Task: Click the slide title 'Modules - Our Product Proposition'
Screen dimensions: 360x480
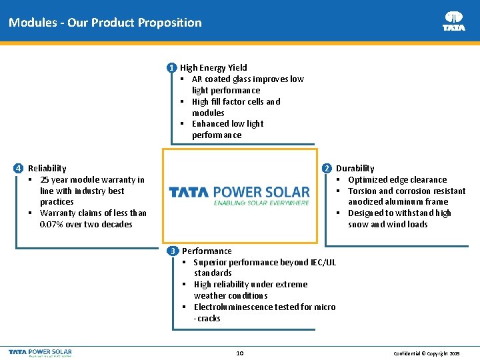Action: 105,23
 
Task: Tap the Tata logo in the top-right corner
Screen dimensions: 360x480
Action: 454,21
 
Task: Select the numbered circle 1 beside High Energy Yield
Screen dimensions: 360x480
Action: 172,67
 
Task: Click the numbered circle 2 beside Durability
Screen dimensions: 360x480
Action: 327,168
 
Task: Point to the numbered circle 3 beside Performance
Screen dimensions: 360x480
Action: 173,251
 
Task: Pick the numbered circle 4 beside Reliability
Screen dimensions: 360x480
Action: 19,168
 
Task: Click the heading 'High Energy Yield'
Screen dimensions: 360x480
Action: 213,67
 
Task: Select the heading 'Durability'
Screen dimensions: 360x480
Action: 355,168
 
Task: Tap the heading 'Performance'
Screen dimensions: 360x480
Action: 207,251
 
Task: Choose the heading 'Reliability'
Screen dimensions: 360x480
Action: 47,168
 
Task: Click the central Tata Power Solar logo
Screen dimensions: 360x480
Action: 239,192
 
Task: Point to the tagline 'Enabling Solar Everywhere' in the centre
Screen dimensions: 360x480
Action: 261,202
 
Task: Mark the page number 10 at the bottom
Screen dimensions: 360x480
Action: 240,352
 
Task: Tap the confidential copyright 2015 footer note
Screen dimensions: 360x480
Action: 427,352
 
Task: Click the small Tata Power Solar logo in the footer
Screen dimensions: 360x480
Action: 40,352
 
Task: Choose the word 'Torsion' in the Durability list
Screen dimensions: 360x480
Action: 363,191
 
